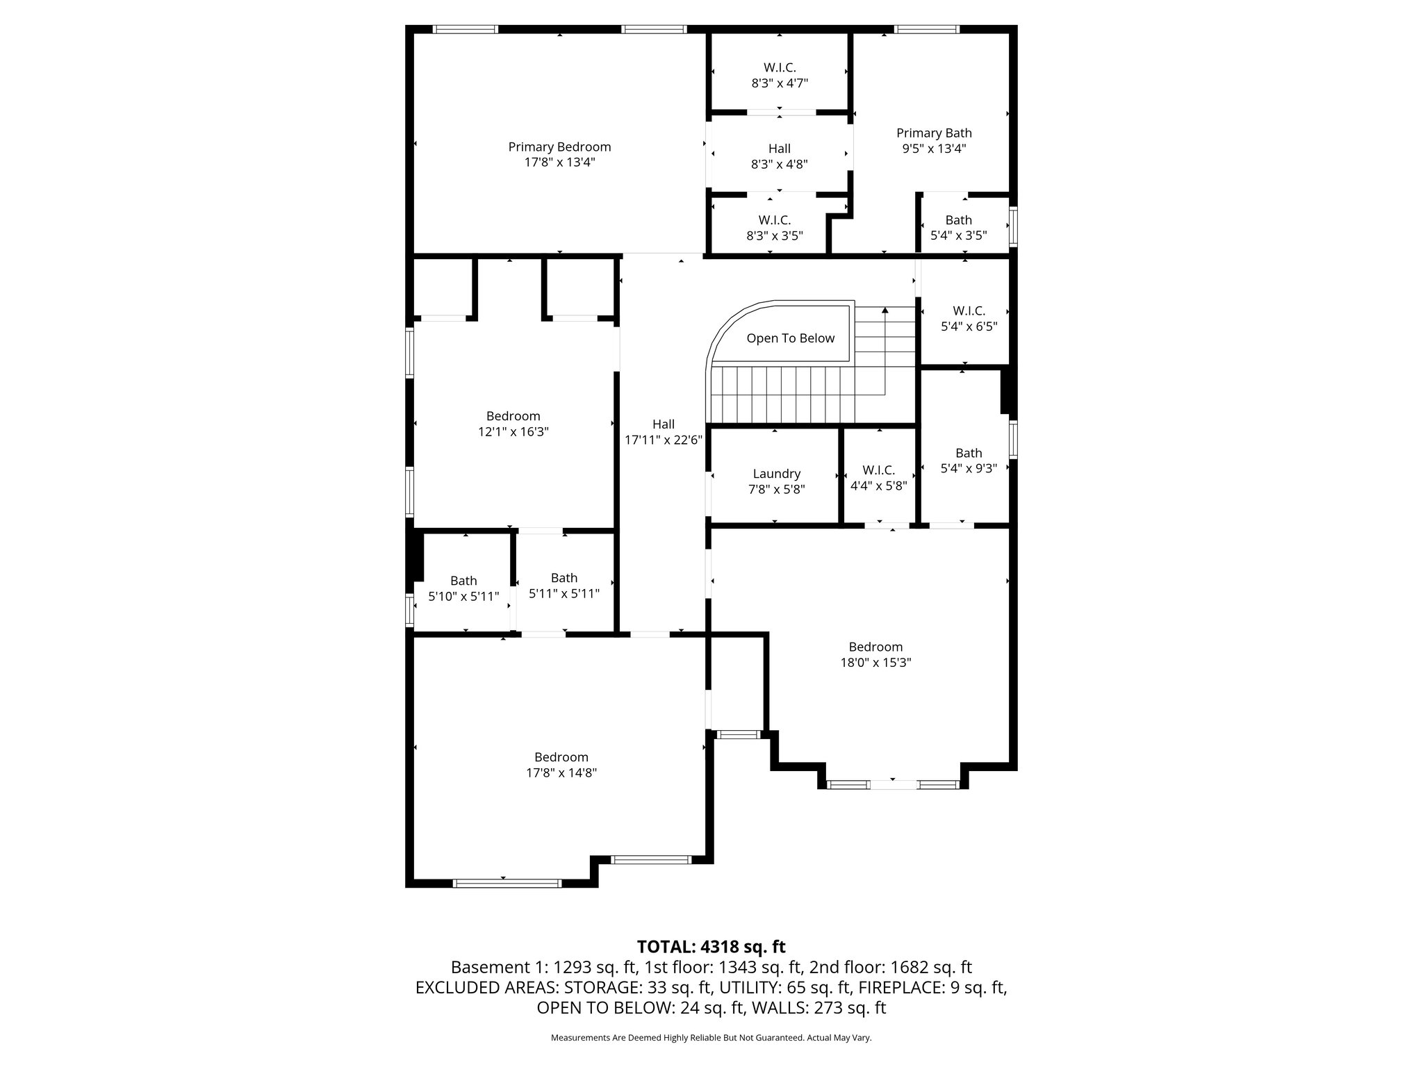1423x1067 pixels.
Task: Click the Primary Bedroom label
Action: coord(559,147)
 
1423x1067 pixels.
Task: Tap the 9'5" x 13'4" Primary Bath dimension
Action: coord(934,149)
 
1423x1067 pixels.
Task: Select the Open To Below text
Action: coord(790,338)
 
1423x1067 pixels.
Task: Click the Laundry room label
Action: coord(776,474)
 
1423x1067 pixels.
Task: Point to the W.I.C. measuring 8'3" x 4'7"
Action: coord(779,75)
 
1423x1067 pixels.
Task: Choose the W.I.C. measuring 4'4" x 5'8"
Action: coord(878,478)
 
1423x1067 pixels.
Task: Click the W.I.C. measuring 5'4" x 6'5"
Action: coord(969,318)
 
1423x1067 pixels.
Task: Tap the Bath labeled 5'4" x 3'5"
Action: coord(958,227)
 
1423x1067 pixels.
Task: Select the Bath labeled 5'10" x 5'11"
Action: coord(463,588)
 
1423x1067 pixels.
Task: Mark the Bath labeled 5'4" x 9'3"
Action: coord(969,461)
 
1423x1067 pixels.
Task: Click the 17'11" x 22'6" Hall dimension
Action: coord(664,440)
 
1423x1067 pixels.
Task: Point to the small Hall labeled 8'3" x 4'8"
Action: coord(779,156)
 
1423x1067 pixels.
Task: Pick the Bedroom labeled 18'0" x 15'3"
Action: coord(875,654)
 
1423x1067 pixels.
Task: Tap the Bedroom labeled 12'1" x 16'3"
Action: coord(513,424)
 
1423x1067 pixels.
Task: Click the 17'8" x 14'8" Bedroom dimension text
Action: coord(561,772)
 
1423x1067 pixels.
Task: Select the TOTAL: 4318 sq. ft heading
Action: coord(711,947)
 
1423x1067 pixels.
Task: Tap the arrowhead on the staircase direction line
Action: coord(885,311)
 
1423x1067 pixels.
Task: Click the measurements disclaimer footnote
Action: coord(711,1038)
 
